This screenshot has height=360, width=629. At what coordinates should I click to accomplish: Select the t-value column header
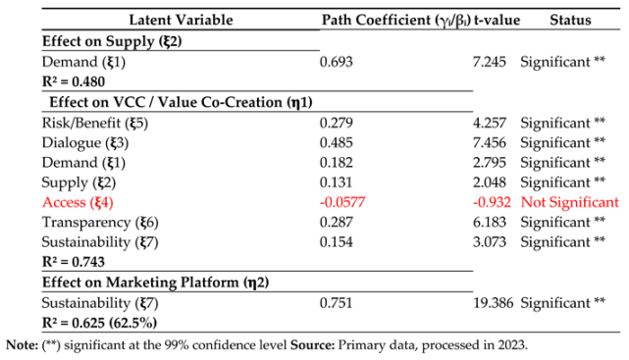[496, 21]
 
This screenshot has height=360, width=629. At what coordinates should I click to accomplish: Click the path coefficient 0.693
[337, 62]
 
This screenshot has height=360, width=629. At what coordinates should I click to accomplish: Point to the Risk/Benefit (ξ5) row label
[91, 123]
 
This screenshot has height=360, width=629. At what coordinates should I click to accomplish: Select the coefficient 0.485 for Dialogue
[337, 142]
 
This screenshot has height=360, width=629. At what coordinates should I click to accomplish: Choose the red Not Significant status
[570, 202]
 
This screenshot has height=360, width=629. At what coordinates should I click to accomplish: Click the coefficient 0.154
[337, 242]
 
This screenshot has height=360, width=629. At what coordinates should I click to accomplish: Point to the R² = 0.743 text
[74, 262]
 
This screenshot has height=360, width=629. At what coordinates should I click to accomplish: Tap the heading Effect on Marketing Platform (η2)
[155, 283]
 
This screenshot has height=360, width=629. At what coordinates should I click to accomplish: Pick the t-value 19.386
[494, 303]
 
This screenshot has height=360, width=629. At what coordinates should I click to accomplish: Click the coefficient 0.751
[337, 303]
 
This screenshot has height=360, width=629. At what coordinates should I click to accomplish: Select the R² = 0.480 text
[74, 81]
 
